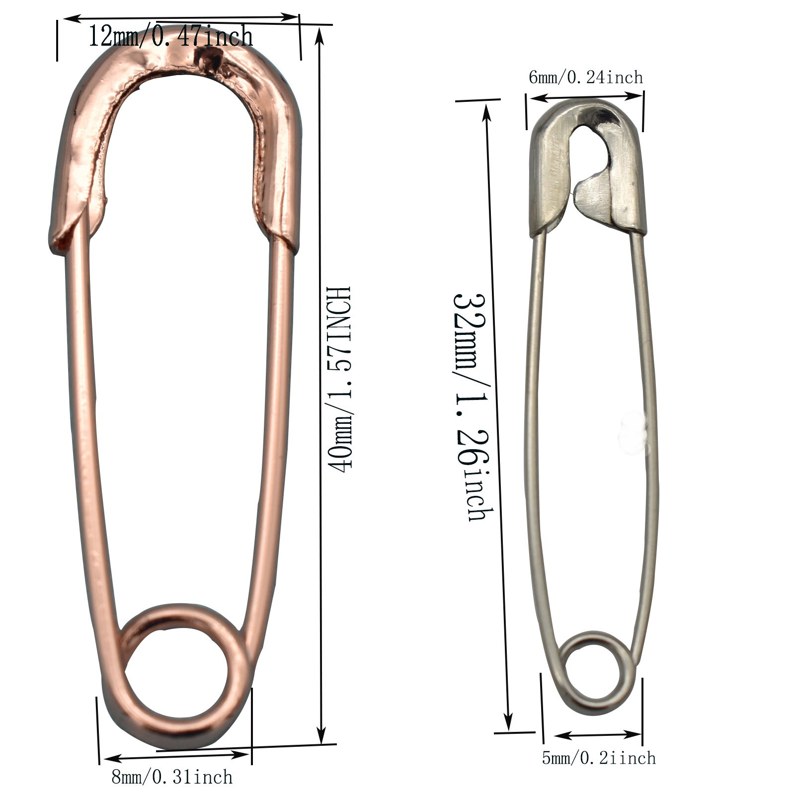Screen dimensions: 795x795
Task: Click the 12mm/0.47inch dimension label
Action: coord(170,36)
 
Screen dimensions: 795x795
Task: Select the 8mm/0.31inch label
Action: coord(172,777)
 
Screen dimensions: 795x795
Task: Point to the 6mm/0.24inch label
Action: coord(586,78)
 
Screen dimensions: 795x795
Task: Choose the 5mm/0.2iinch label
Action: coord(599,758)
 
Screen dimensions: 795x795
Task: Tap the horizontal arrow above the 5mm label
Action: coord(598,734)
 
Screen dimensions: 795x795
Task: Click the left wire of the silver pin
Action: coord(532,422)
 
